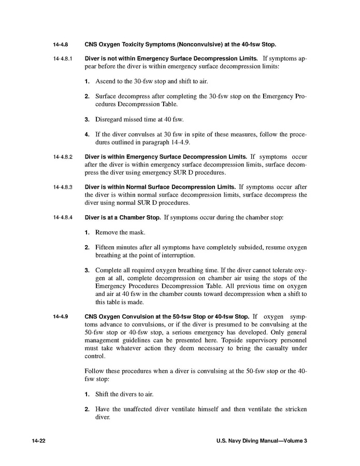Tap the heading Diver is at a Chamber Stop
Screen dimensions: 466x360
coord(123,217)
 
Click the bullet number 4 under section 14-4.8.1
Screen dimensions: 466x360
coord(88,134)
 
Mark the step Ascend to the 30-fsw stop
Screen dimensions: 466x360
coord(135,81)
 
